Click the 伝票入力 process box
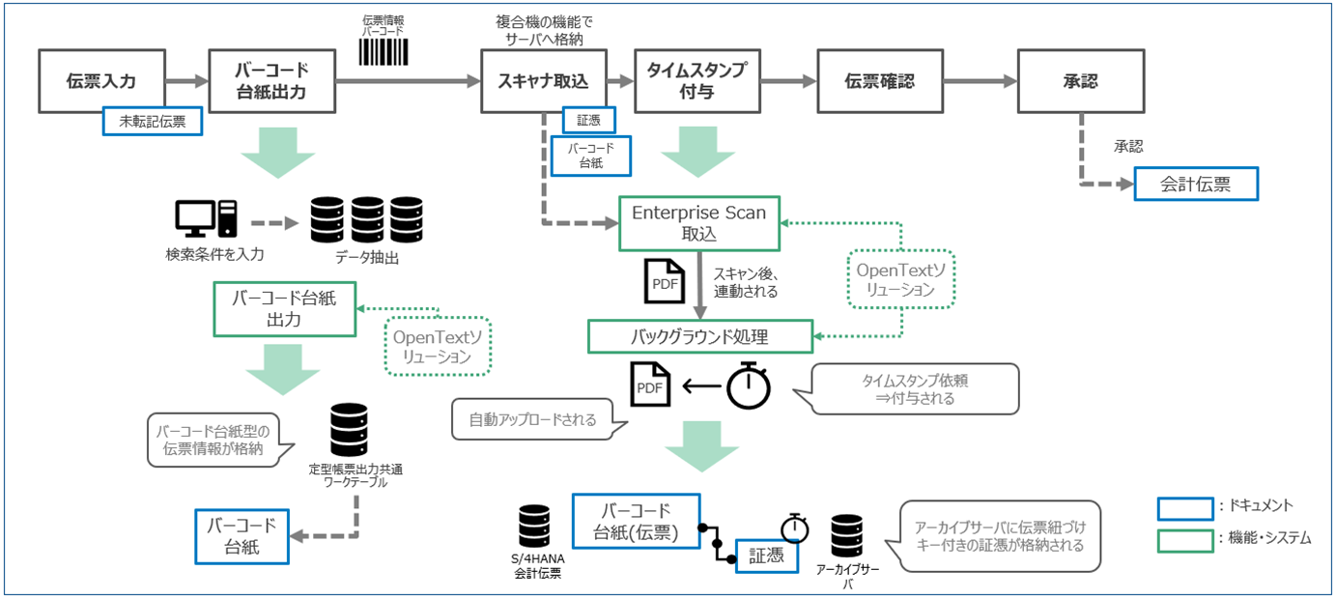pos(101,81)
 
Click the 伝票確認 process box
pos(879,81)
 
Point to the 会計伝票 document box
pos(1196,184)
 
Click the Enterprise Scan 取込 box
pos(698,224)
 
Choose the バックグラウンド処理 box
pos(700,337)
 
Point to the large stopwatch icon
pos(749,387)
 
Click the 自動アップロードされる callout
pos(532,420)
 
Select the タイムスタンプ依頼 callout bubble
pos(915,387)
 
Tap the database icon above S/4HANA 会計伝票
pos(534,528)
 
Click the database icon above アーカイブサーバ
pos(846,535)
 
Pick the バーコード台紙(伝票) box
pos(636,520)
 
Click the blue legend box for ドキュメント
pos(1185,506)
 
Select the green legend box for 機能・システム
pos(1185,538)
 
